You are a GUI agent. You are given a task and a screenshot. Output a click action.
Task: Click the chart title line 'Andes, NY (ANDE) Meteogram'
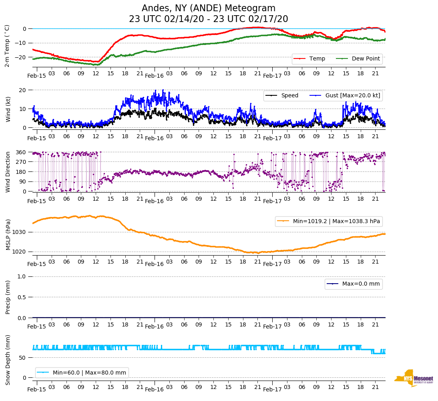tap(208, 8)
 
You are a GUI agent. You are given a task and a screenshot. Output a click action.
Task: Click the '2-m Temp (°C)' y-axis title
tap(7, 46)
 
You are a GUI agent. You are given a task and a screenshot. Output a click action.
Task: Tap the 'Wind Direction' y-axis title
tap(8, 171)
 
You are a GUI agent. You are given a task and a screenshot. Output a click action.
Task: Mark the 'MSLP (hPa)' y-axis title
tap(8, 235)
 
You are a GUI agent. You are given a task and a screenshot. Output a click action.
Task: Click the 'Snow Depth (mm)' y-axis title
tap(8, 360)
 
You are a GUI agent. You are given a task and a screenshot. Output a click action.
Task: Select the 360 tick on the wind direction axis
tap(21, 152)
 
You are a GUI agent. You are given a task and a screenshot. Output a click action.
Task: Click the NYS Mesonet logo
tap(414, 378)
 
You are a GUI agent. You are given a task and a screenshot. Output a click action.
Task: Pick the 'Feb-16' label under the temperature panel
tap(154, 76)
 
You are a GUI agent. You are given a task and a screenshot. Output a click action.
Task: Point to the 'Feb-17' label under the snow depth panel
tap(272, 389)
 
